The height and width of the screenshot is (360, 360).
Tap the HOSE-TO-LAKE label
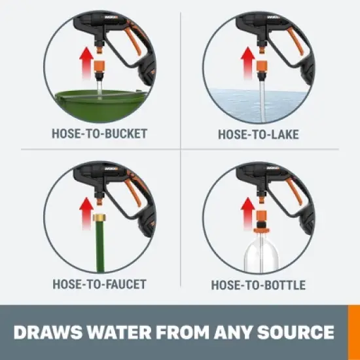click(x=257, y=134)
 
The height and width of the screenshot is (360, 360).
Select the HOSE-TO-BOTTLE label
click(x=258, y=285)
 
